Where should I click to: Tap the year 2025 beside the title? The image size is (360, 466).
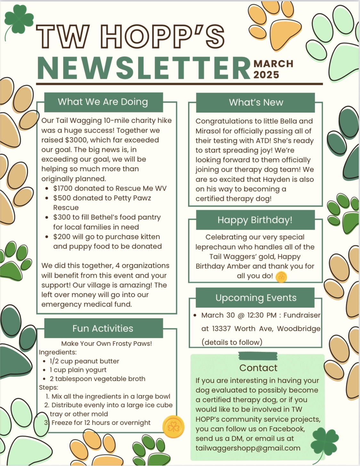[x=266, y=75]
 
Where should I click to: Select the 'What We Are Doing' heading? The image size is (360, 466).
[x=103, y=102]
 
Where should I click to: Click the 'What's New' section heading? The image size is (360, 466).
[x=256, y=102]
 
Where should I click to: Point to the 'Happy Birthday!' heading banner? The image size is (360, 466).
[x=255, y=220]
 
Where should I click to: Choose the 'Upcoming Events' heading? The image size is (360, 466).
[x=256, y=298]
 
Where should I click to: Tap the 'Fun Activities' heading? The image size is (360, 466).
[x=103, y=328]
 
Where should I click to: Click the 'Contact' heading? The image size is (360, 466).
[x=258, y=368]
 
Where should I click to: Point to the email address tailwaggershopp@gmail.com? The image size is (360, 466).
[x=248, y=448]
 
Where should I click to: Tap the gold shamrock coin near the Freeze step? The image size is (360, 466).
[x=173, y=427]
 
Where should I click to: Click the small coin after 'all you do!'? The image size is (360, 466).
[x=281, y=277]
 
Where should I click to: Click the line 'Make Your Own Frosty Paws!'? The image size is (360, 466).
[x=106, y=344]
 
